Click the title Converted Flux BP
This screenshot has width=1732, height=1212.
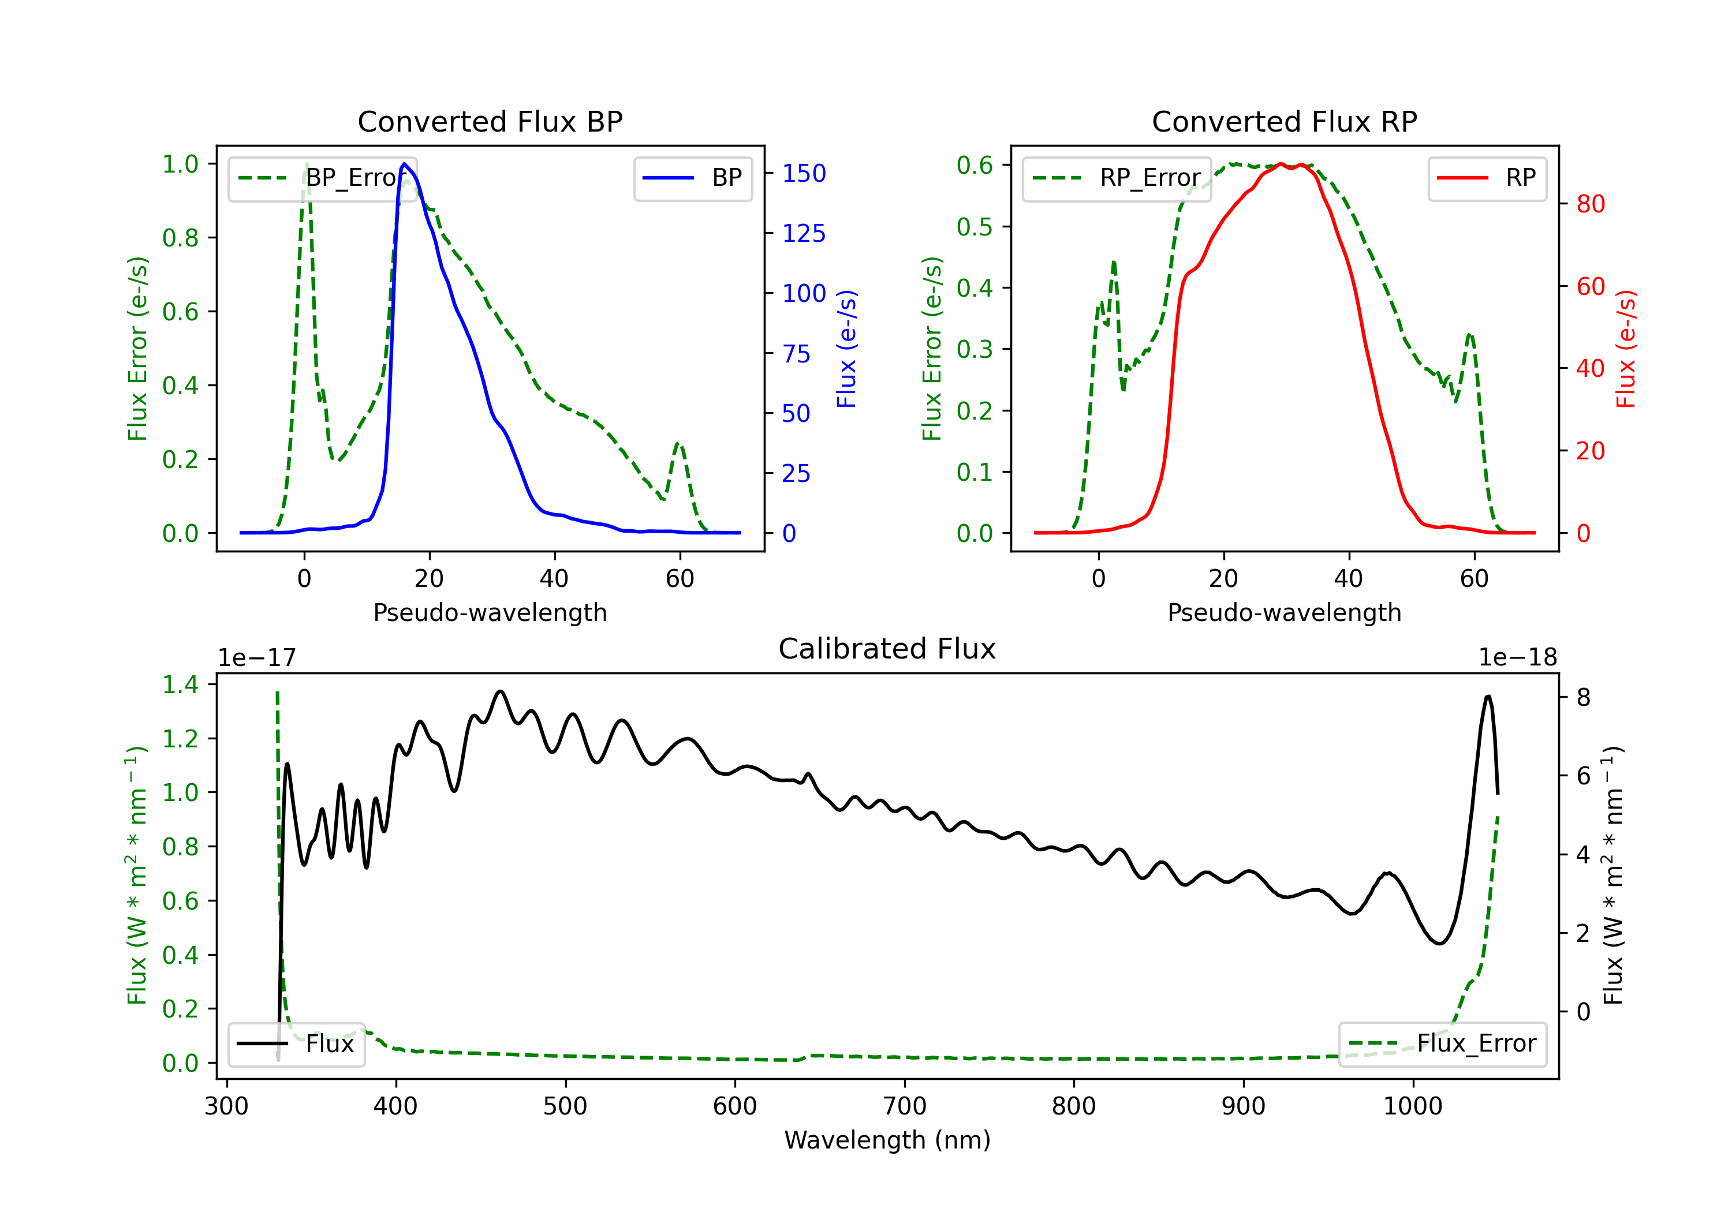point(490,121)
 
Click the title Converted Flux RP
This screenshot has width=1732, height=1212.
point(1284,121)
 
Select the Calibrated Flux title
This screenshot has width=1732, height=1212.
point(887,649)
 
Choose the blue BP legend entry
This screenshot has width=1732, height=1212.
point(692,178)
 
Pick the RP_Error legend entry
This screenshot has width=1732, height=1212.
point(1117,178)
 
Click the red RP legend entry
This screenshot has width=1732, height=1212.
point(1487,178)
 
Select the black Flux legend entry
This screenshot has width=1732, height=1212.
point(296,1044)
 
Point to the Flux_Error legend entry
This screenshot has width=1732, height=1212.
point(1442,1044)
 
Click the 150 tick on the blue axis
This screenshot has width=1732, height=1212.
point(804,174)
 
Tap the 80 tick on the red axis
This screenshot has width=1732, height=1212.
point(1591,204)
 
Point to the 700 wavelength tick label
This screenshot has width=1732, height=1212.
point(905,1106)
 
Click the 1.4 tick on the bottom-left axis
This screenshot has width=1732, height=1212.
point(180,685)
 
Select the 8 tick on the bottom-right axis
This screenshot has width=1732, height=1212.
point(1584,698)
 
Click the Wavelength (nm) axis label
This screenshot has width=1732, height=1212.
point(887,1140)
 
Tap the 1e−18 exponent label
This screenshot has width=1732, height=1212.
point(1518,658)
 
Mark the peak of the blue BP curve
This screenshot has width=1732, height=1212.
point(404,164)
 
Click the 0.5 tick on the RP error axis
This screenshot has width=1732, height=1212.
point(975,227)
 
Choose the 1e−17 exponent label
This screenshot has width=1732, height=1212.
point(257,658)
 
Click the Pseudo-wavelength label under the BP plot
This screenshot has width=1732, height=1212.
point(490,612)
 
